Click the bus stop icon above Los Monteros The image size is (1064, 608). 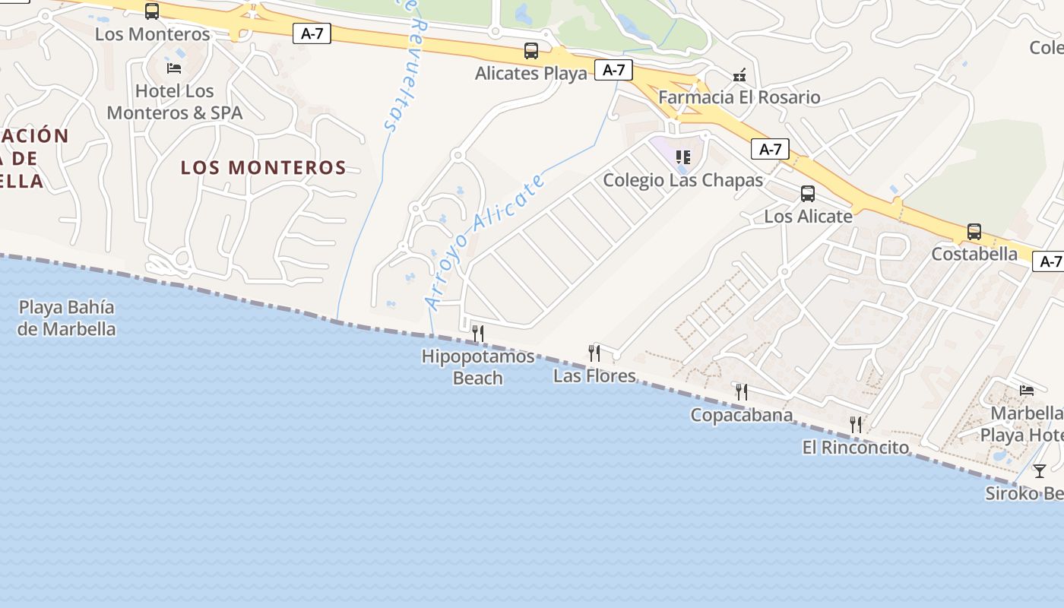click(152, 11)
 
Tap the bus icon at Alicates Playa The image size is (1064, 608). click(531, 51)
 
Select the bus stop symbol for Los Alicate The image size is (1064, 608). click(808, 194)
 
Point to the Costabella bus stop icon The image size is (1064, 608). click(974, 232)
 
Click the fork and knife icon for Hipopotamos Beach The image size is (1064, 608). click(478, 333)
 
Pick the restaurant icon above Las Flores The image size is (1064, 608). click(594, 353)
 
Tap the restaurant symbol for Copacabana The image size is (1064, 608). click(742, 392)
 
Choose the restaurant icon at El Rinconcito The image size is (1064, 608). click(856, 424)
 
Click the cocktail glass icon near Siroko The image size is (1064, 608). click(1040, 470)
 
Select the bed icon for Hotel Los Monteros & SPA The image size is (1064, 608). click(174, 68)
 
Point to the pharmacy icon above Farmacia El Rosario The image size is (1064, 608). click(739, 75)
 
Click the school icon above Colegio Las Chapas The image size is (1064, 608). click(683, 157)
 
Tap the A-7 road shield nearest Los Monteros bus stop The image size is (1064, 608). click(312, 33)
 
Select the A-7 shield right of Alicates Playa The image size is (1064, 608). click(613, 70)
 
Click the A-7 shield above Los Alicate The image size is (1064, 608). click(770, 149)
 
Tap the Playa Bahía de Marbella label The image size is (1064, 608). click(67, 318)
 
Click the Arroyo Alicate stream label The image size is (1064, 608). click(486, 242)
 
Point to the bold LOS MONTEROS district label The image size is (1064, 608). click(264, 167)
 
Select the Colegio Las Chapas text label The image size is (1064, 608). click(682, 180)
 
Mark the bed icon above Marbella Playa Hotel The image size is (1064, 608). click(1027, 391)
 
